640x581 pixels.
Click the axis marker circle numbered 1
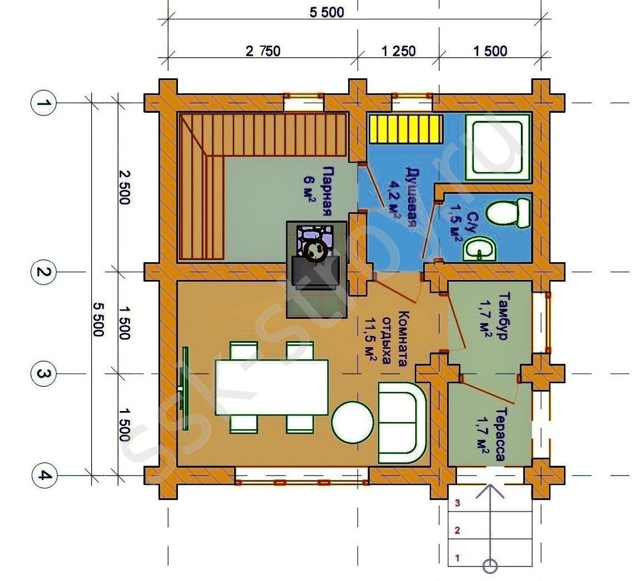pos(42,103)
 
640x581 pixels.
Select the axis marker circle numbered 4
pos(43,475)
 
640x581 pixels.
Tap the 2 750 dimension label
pos(263,51)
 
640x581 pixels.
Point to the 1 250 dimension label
pos(398,51)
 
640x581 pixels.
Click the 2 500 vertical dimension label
pos(124,187)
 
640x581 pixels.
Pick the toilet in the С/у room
pos(509,212)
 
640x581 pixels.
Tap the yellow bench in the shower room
pos(406,129)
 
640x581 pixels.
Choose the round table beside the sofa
pos(353,422)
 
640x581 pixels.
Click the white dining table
pos(272,387)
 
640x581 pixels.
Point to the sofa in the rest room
pos(402,422)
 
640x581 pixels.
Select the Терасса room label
pos(499,434)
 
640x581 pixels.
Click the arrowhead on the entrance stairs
pos(490,492)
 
